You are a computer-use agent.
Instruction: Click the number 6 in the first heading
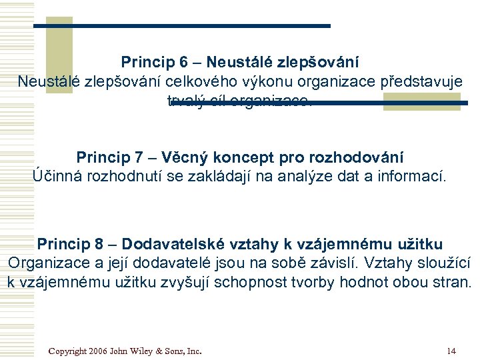[183, 63]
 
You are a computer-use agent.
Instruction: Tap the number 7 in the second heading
[139, 158]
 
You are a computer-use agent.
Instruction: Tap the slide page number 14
[452, 351]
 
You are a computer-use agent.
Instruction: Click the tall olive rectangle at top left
[63, 53]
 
